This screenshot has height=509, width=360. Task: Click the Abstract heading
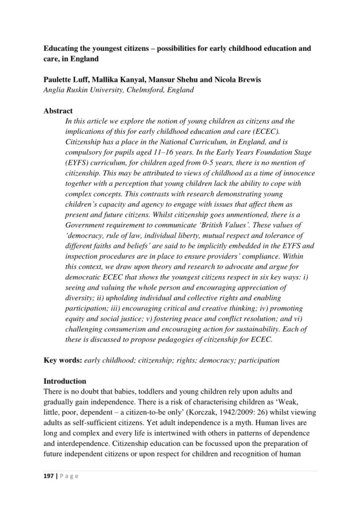(58, 111)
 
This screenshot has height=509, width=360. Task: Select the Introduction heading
(65, 381)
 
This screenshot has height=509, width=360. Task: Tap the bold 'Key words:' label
(62, 360)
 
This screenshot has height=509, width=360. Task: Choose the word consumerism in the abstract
(123, 329)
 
